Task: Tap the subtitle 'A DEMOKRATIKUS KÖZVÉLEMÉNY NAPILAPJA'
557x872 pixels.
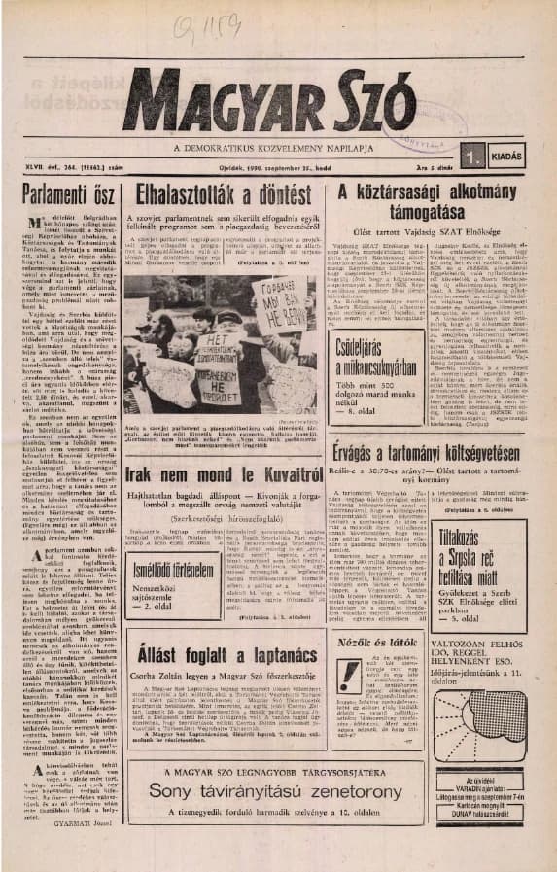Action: (282, 148)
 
